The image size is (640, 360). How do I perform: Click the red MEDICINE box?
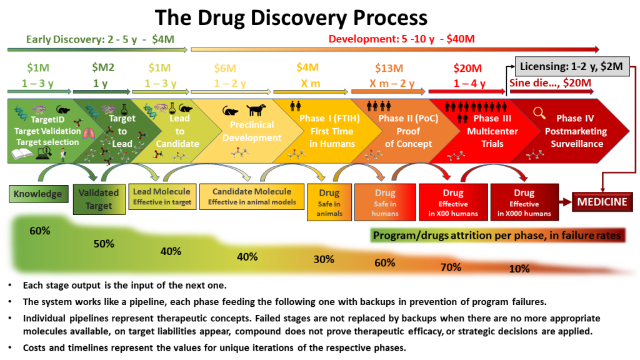coord(602,202)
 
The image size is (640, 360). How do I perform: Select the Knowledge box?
coord(38,194)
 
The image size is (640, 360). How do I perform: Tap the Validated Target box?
coord(99,199)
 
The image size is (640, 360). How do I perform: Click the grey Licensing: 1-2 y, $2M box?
coord(571,66)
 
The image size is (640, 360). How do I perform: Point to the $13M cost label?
coord(389,68)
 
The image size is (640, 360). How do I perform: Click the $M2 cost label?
coord(103,67)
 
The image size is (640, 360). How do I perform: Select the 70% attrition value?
coord(451,267)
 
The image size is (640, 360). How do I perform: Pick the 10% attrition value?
coord(519,269)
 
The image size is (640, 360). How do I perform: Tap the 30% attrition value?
coord(324,259)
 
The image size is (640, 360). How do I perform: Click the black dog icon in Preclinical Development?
coord(256,109)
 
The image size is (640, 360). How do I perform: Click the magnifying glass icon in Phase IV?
coord(539,112)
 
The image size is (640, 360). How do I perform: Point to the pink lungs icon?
coord(89,134)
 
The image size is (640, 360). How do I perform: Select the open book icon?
coord(22,154)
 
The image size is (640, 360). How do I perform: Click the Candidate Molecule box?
coord(252,196)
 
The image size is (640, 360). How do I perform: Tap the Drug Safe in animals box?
coord(329,202)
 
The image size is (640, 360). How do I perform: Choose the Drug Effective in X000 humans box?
coord(524,202)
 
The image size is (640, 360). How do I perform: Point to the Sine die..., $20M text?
coord(550,83)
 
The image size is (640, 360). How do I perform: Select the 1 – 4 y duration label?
coord(469,84)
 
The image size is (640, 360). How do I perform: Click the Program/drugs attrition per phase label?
coord(497,236)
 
